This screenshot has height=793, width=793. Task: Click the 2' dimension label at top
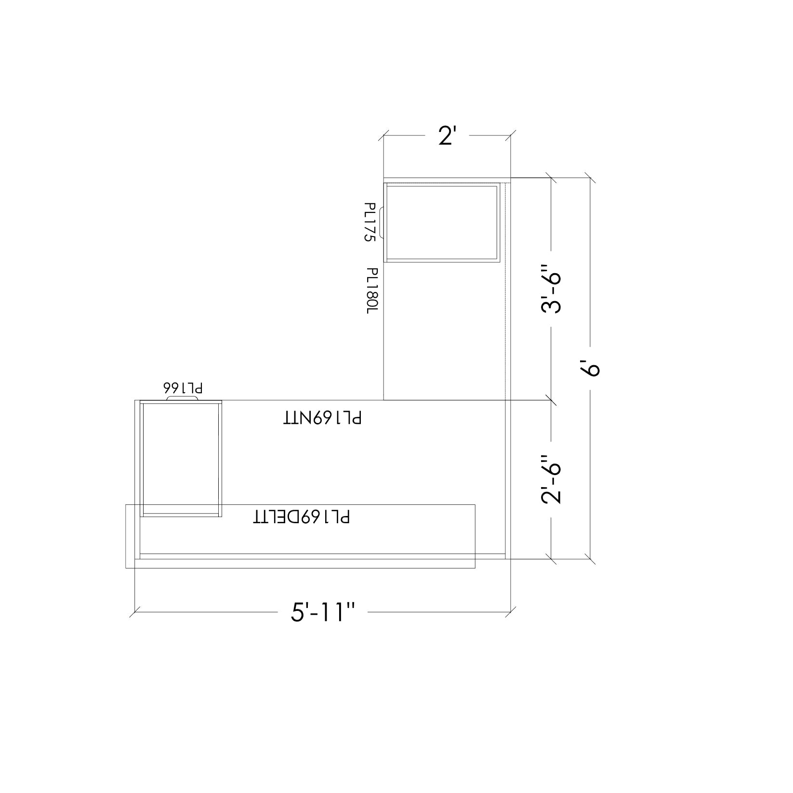(x=447, y=137)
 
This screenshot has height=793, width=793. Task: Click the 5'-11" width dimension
(x=323, y=613)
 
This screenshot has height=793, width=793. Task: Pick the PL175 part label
(x=370, y=222)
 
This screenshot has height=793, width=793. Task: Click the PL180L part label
(x=372, y=291)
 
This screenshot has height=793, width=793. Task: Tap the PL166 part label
(x=183, y=388)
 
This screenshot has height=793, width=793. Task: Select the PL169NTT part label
(x=322, y=418)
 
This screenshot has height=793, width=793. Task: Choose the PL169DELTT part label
(x=302, y=517)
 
